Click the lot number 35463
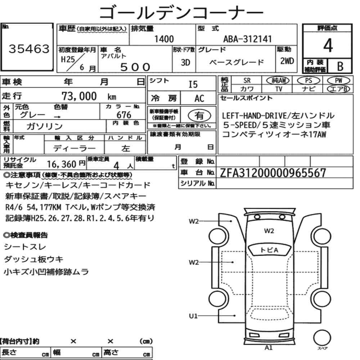(29, 49)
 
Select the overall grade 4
(328, 45)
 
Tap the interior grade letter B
(340, 66)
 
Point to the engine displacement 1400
(164, 39)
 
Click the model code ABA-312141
(247, 39)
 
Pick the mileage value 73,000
(79, 96)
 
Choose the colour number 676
(124, 115)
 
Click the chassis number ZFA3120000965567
(273, 173)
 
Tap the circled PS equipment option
(309, 80)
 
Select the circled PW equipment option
(338, 80)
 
